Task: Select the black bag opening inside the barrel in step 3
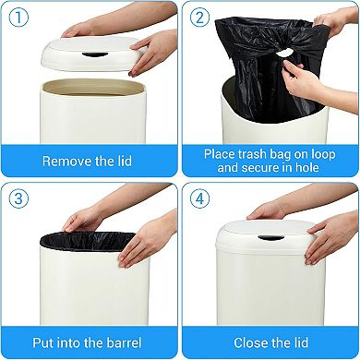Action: click(x=90, y=241)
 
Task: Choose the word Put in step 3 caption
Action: click(x=55, y=342)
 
